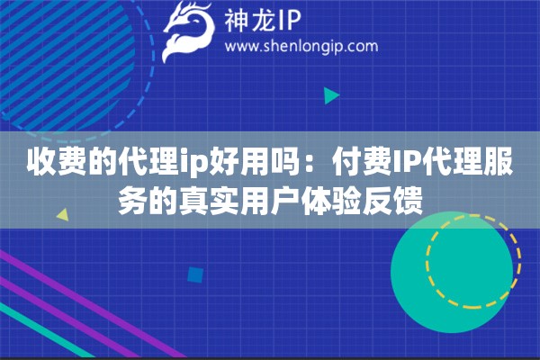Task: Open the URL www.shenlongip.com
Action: click(300, 46)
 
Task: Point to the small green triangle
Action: click(331, 95)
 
